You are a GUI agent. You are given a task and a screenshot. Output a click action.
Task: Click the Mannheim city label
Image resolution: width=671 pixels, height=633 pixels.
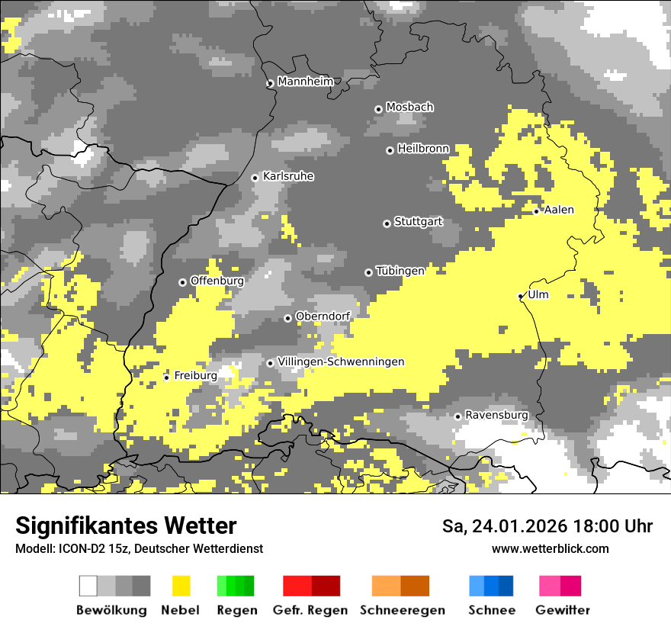[305, 82]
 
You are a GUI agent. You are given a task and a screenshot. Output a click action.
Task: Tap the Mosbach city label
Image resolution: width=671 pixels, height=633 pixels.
[409, 108]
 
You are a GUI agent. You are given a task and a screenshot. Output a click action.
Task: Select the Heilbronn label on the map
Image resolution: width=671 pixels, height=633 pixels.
[423, 149]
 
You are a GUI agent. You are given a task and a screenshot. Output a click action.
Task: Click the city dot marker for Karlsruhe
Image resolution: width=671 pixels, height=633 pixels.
[255, 178]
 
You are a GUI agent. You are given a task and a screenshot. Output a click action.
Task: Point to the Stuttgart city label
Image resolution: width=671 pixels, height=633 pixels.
[418, 222]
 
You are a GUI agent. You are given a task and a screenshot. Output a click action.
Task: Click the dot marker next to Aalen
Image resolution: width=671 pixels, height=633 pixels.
[537, 211]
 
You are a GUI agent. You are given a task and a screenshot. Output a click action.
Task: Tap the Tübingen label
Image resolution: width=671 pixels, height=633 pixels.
[400, 271]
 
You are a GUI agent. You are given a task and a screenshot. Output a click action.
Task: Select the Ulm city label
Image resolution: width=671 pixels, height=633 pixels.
[538, 295]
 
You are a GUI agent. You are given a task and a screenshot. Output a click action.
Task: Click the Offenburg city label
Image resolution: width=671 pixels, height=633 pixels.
[217, 281]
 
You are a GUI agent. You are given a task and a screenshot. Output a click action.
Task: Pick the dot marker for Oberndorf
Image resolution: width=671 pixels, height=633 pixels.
[287, 318]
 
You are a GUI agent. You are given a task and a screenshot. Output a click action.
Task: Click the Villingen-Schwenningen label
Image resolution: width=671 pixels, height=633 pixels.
[341, 361]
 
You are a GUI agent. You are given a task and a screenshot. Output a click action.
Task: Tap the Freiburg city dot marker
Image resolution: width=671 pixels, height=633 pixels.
[167, 378]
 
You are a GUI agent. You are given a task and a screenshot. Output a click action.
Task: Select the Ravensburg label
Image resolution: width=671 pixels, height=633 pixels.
[496, 415]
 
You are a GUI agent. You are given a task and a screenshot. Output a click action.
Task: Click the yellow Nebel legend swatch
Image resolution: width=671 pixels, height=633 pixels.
[181, 586]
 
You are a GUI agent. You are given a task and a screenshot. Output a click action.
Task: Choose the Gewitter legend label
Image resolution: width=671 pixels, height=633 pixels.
[562, 610]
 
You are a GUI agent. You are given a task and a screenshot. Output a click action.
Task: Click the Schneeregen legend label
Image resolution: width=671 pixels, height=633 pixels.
[402, 610]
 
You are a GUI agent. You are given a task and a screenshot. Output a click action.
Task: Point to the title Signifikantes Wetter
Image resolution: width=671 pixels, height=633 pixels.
[126, 525]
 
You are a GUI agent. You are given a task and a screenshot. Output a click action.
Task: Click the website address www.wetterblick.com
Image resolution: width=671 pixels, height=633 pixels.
[550, 548]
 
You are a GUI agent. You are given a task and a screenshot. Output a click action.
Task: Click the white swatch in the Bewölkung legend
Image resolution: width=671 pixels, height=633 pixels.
[88, 586]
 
